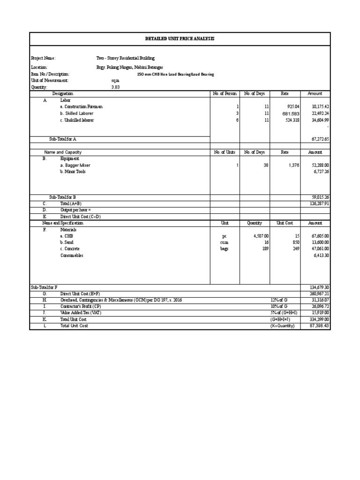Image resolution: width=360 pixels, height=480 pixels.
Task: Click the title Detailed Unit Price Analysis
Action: pyautogui.click(x=180, y=39)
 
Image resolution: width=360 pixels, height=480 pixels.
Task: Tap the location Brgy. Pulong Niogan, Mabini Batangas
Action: pyautogui.click(x=130, y=67)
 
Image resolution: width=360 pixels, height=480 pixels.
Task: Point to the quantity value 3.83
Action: pyautogui.click(x=115, y=87)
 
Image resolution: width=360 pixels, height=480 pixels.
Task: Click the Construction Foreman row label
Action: pyautogui.click(x=81, y=107)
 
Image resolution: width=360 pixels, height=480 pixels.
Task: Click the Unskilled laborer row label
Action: pyautogui.click(x=77, y=120)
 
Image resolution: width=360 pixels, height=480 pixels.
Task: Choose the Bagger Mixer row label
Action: pyautogui.click(x=75, y=165)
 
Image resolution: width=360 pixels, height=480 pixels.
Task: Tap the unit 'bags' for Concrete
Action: pyautogui.click(x=225, y=249)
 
